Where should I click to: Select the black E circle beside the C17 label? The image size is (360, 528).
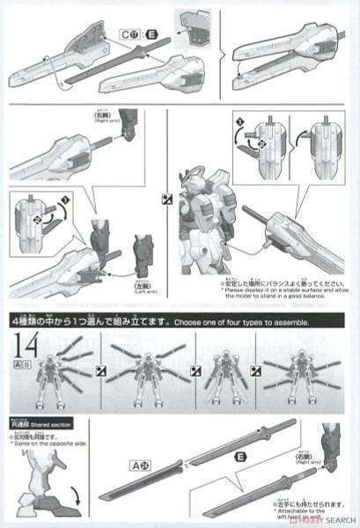coord(151,33)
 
